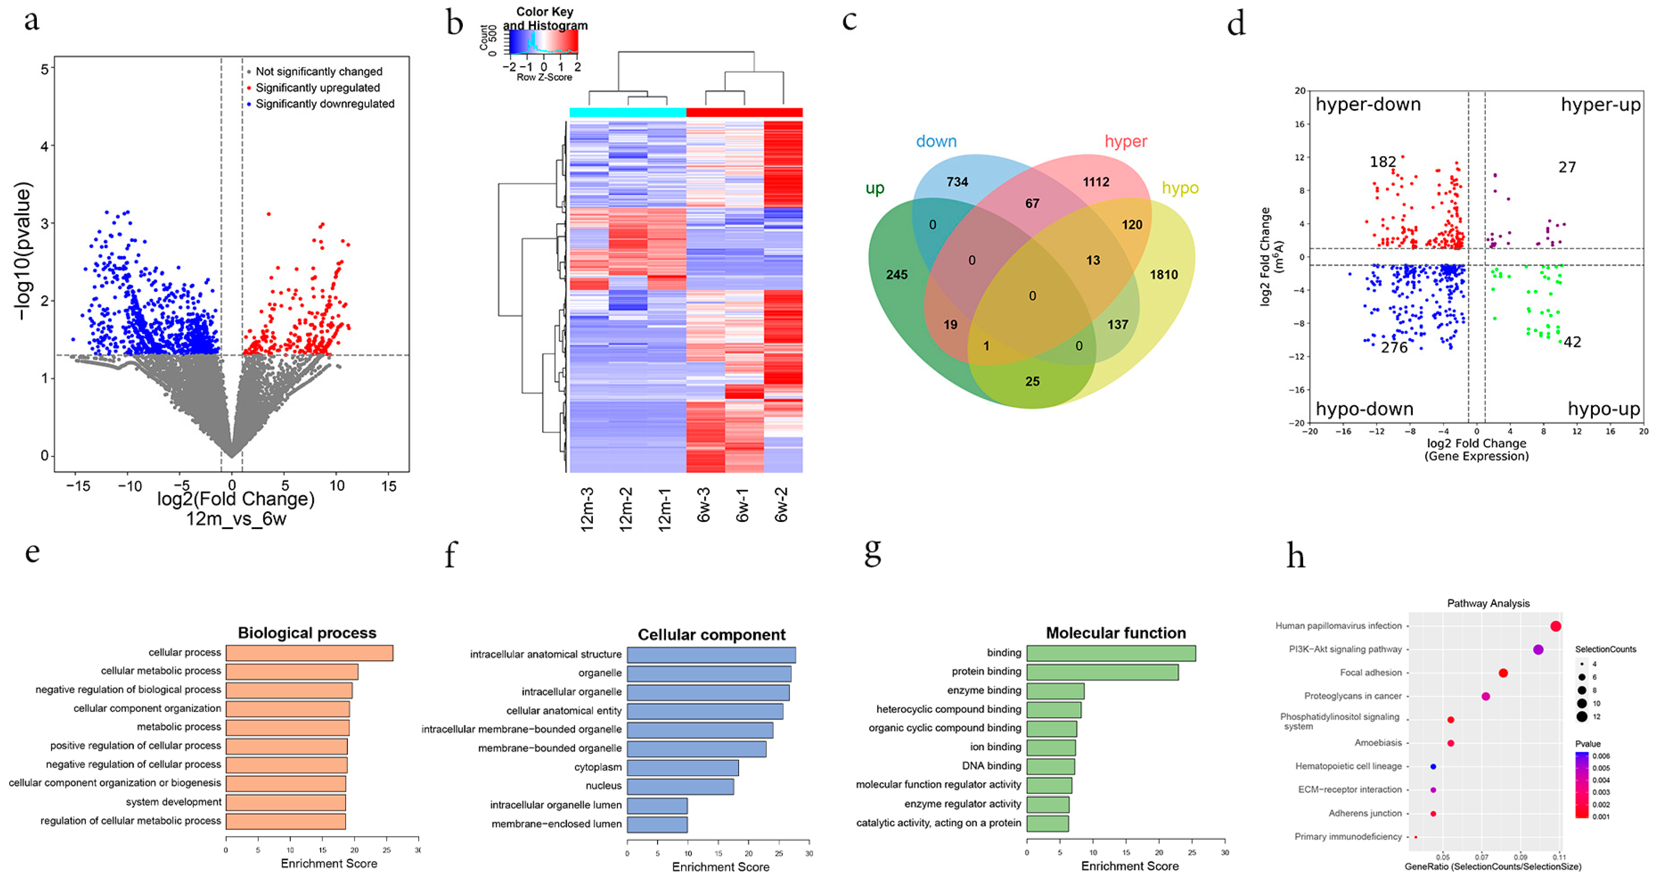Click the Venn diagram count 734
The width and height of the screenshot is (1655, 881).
957,182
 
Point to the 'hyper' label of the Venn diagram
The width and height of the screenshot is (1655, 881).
1126,142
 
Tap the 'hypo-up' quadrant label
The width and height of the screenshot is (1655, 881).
1603,409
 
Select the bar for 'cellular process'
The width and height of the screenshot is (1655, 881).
309,653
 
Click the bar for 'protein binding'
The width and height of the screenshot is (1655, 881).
1102,672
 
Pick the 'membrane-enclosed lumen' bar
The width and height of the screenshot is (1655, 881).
657,824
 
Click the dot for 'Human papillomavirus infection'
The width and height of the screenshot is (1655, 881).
1556,626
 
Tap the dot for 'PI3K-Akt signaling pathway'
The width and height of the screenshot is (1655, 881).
1538,650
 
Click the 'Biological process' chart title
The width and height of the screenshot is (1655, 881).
307,633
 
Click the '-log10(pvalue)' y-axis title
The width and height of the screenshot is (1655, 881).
23,251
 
